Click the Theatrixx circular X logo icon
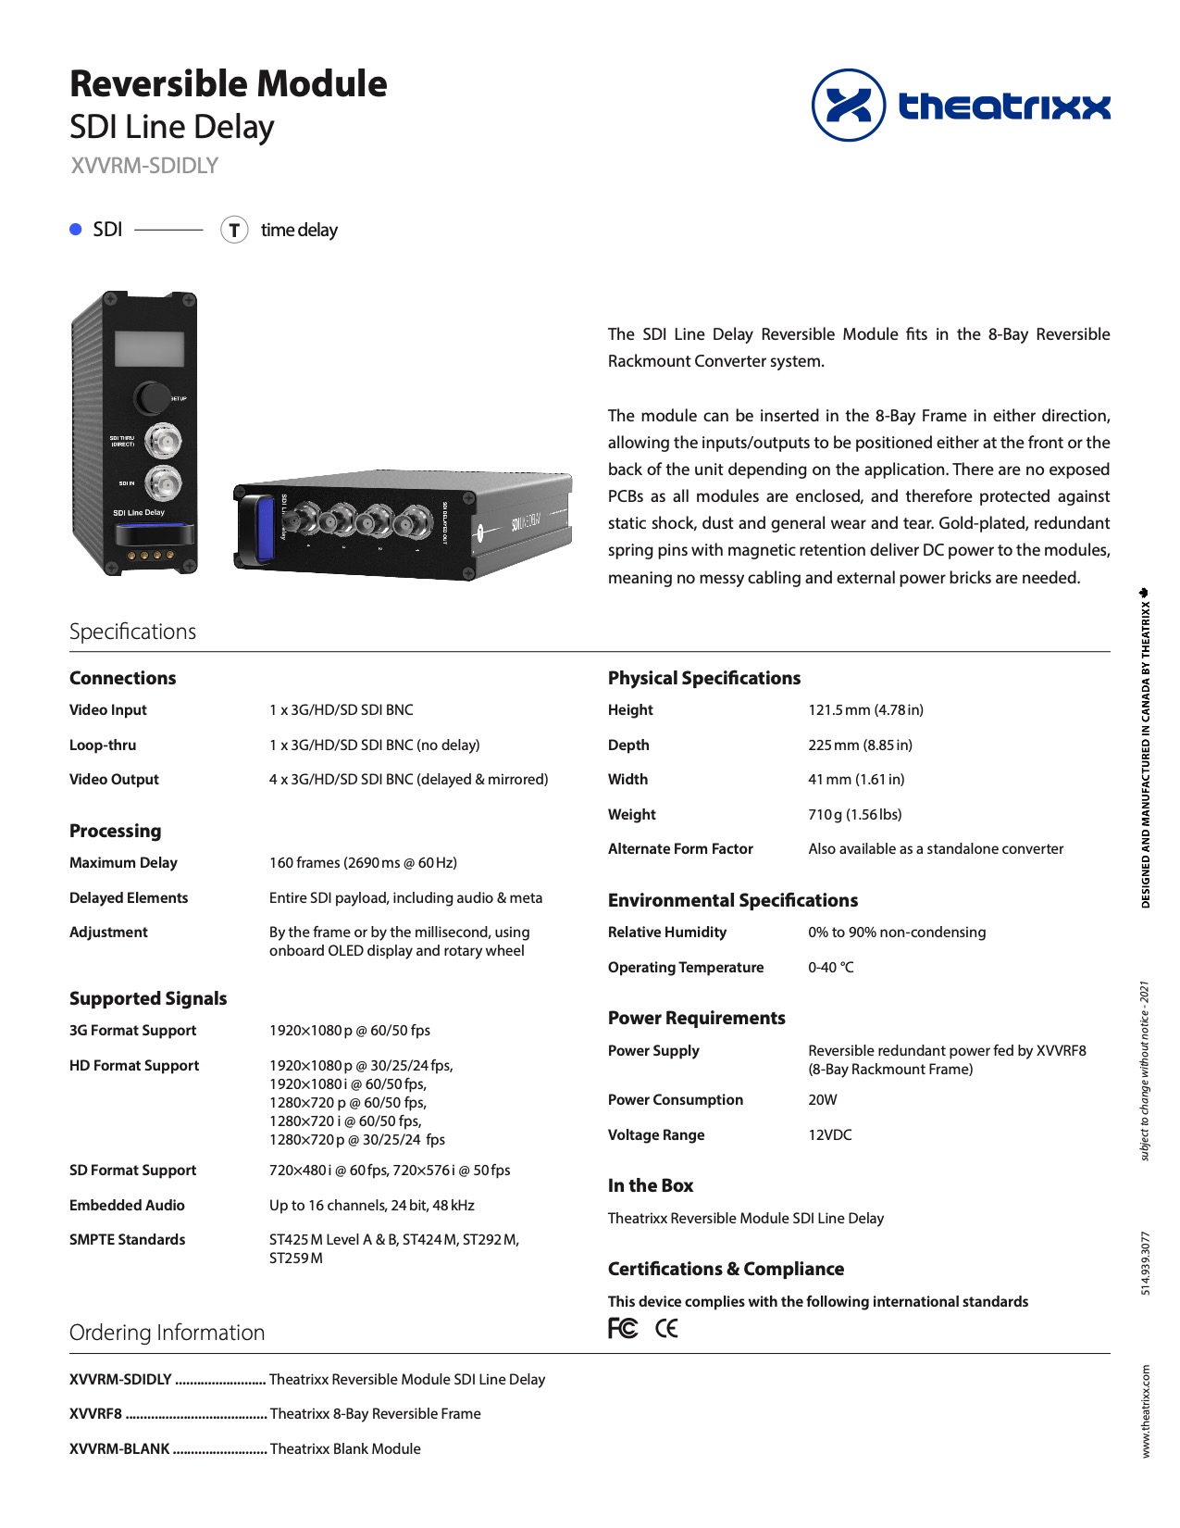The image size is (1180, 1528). [849, 105]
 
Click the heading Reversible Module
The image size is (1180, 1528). [229, 84]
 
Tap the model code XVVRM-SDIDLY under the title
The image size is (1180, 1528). [144, 166]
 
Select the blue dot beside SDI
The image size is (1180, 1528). [76, 230]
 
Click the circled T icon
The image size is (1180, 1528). [234, 230]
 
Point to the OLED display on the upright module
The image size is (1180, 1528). [149, 349]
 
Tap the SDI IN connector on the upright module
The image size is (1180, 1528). [164, 482]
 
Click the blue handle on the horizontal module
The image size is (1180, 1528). [262, 531]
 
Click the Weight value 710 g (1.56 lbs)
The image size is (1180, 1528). [854, 815]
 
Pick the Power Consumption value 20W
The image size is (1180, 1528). [822, 1100]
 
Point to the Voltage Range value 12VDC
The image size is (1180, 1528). [829, 1135]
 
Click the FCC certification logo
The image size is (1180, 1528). [623, 1329]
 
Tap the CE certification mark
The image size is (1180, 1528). [666, 1329]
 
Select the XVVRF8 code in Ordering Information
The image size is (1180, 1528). [95, 1414]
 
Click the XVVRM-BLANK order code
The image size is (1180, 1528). [119, 1449]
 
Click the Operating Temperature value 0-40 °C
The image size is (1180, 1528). [830, 968]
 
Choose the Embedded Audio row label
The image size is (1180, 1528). [127, 1206]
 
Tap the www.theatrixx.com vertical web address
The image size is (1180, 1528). [1146, 1411]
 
